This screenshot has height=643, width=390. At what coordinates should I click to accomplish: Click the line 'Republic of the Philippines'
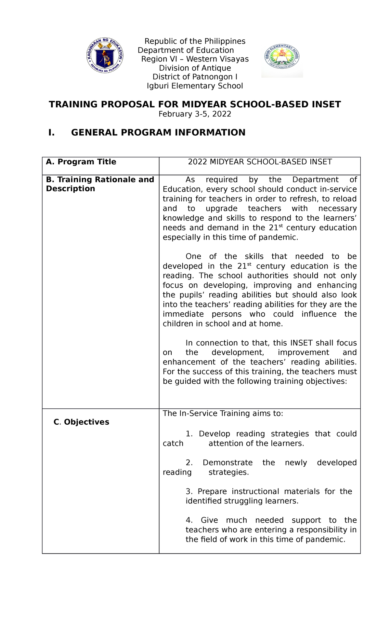(195, 41)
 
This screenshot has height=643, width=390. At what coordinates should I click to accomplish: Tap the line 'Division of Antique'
(195, 68)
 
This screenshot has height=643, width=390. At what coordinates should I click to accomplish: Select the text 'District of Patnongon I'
(195, 77)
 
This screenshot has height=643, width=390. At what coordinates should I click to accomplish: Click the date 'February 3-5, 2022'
(195, 114)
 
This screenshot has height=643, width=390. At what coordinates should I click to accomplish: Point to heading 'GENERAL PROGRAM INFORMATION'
(158, 132)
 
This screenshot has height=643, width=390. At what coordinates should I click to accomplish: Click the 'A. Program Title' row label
(81, 162)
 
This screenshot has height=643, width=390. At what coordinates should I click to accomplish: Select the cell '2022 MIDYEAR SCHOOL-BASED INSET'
(260, 162)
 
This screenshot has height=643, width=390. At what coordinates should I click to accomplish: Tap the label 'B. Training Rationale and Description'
(100, 184)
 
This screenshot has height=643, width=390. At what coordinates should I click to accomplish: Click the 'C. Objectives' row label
(81, 422)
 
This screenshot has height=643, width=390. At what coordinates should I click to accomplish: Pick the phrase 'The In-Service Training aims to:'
(223, 414)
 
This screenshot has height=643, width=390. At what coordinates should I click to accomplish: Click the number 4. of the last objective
(189, 520)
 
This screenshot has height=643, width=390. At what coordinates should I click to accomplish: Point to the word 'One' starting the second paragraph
(193, 256)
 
